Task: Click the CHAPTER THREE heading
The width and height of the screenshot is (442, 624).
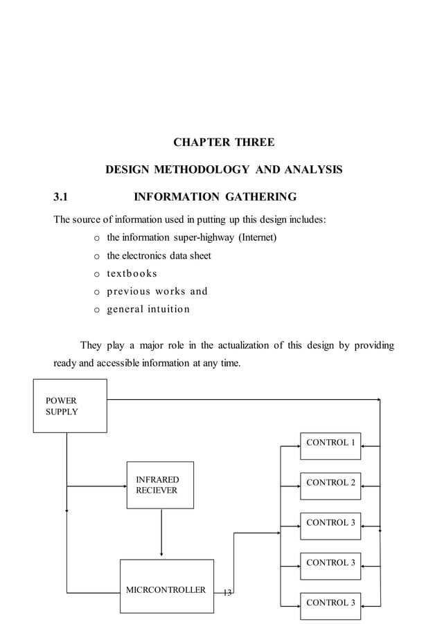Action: [x=223, y=143]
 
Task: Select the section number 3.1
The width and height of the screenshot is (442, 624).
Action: [x=62, y=197]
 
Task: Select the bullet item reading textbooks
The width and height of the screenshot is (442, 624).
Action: [x=132, y=273]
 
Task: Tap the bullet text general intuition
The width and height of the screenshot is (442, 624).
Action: [x=148, y=309]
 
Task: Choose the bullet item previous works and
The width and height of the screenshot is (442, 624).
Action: [x=157, y=291]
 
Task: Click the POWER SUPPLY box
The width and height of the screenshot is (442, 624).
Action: [x=70, y=406]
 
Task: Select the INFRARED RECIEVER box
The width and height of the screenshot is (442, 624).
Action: [x=160, y=485]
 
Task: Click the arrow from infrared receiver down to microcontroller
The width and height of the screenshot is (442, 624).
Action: [x=161, y=533]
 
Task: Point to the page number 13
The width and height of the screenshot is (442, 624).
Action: [x=227, y=592]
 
